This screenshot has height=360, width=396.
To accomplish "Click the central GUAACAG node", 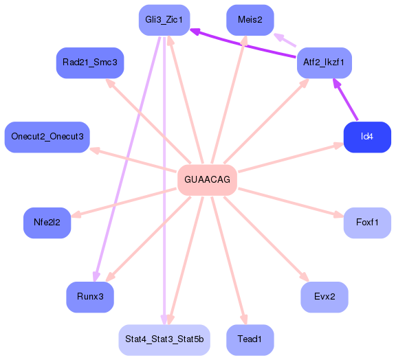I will pos(207,179).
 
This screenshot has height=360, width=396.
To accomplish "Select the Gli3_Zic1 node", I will pos(164,20).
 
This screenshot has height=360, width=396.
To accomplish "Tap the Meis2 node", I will pos(250,20).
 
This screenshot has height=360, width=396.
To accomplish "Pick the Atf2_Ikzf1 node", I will pos(324,63).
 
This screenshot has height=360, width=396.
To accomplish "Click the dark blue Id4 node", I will pos(367,136).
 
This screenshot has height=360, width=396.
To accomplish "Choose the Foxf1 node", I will pos(367,223).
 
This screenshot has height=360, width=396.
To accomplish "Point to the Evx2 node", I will pos(324,297).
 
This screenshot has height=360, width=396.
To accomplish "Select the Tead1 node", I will pos(250,340).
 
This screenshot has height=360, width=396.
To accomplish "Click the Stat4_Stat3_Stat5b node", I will pos(164,340).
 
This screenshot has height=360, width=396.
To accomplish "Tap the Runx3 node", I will pos(90,297).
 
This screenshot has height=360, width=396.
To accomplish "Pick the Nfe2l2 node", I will pos(47,223).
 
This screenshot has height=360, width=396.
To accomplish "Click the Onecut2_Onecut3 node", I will pos(47,137).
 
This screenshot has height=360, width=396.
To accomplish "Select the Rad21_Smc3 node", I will pos(90,63).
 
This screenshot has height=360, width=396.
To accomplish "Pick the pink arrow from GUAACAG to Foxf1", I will pos(289,201).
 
